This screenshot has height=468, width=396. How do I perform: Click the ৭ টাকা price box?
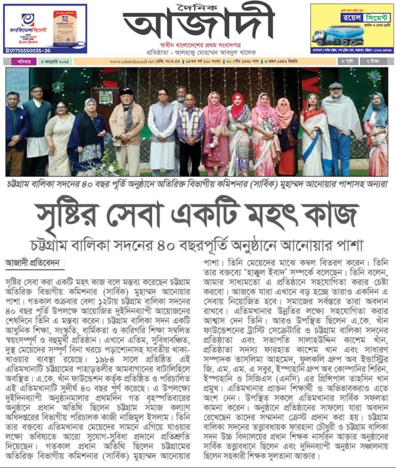click(376, 61)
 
